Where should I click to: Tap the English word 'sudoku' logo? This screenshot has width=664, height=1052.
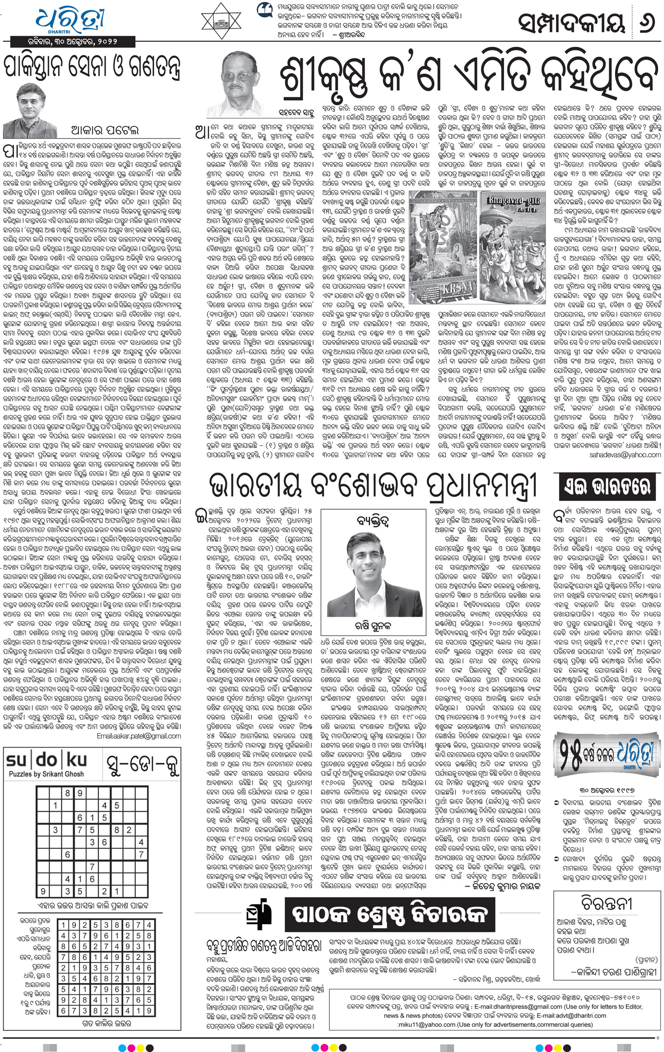46,761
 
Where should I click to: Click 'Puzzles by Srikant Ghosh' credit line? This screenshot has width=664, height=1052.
46,774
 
